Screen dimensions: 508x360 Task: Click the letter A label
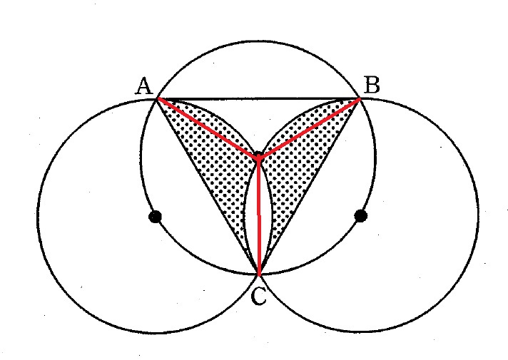point(144,86)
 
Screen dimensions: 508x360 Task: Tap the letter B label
point(372,85)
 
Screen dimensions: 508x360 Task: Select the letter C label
point(259,297)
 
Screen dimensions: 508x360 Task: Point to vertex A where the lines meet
point(158,98)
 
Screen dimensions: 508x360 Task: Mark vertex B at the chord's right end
point(360,98)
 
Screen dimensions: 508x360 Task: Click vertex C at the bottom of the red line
point(259,275)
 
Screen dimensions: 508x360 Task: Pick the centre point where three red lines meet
point(258,158)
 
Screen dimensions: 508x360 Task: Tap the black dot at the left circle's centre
point(156,216)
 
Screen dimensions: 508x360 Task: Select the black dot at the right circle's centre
point(361,215)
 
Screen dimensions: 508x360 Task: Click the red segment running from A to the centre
point(208,128)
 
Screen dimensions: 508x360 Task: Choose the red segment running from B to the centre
point(309,128)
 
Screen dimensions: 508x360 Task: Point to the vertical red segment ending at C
point(258,216)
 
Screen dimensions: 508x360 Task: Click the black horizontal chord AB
point(258,98)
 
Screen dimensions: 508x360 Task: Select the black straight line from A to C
point(208,187)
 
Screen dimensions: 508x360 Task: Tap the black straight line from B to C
point(310,187)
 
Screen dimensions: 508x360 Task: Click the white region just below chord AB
point(258,120)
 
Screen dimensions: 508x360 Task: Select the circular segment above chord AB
point(258,70)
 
